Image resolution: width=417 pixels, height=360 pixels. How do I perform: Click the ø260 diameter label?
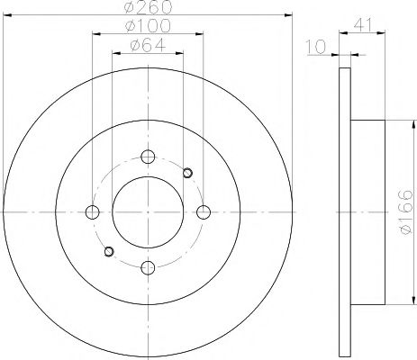coord(148,7)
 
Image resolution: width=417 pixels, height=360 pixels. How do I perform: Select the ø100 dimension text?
coord(148,26)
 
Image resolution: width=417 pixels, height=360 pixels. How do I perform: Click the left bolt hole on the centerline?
coord(91,212)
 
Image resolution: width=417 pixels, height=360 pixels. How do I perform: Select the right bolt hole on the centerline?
coord(204,212)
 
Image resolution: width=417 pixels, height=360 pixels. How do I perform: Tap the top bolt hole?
coord(148,156)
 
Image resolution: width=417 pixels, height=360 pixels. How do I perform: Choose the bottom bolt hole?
coord(148,268)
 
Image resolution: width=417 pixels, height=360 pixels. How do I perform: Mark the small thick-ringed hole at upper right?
coord(187,173)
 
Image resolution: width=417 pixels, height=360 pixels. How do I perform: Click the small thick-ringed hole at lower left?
coord(108,251)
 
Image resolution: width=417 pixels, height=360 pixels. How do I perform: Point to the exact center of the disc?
coord(148,212)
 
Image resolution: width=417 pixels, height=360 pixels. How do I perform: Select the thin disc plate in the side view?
coord(345,212)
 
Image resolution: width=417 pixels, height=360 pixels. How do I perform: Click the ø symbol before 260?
coord(129,7)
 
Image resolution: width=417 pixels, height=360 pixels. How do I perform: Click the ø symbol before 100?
coord(129,26)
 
